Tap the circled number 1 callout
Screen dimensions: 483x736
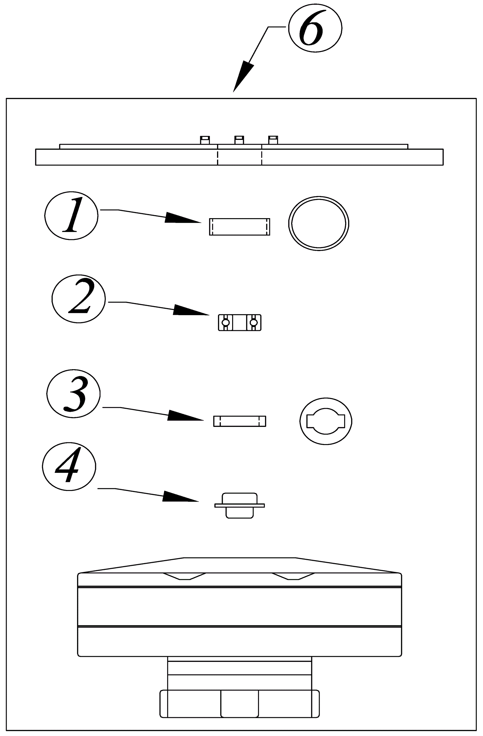(71, 215)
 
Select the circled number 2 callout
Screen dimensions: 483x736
(78, 299)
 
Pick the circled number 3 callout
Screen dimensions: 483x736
(74, 394)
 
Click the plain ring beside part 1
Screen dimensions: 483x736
(318, 223)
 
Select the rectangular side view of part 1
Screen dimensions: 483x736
(239, 227)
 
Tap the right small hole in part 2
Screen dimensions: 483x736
(254, 323)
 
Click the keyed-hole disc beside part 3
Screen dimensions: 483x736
(326, 421)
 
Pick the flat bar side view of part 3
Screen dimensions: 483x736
(239, 421)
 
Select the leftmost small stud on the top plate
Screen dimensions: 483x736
(205, 140)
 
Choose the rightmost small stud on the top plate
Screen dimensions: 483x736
(273, 140)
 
